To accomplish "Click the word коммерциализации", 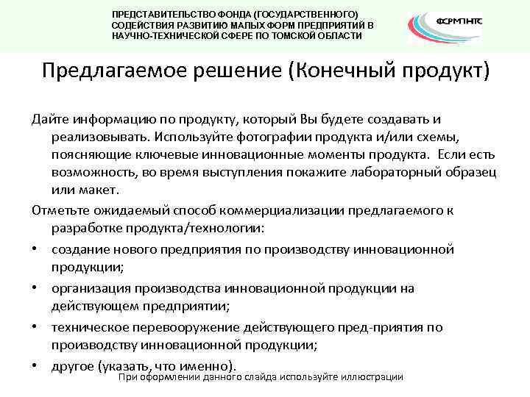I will coord(287,210).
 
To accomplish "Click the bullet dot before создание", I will coord(35,249).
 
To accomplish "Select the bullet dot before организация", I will coord(35,288).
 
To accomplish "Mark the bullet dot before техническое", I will coord(35,327).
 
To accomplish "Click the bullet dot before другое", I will coord(35,365).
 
